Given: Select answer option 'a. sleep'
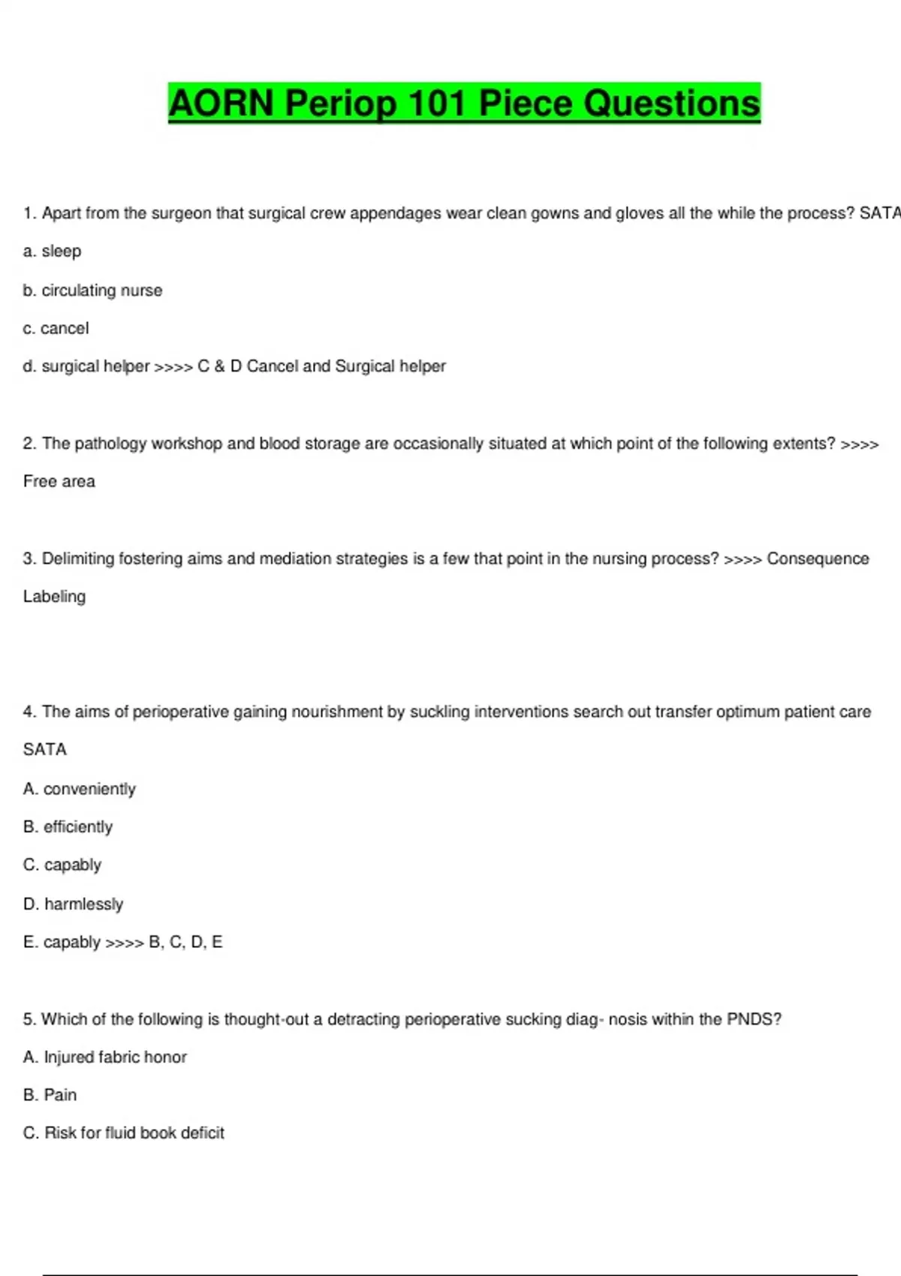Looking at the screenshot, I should [x=52, y=251].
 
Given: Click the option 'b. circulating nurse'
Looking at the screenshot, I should [x=92, y=290].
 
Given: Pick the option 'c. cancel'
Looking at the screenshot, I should [x=56, y=329].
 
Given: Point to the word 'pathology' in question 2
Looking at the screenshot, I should [x=110, y=444].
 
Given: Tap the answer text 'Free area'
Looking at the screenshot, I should [x=59, y=482].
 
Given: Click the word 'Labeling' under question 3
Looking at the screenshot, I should [x=54, y=597].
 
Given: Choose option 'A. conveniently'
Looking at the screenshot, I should [x=80, y=789].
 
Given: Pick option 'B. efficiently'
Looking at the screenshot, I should [x=68, y=827].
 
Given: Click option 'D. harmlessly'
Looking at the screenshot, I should [x=73, y=904].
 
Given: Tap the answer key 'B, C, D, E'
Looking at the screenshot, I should [x=185, y=942].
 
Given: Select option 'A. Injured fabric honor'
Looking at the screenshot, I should [x=105, y=1057].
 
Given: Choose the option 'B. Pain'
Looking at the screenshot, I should [x=50, y=1095].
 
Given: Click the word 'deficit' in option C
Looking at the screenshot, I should [x=203, y=1133].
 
